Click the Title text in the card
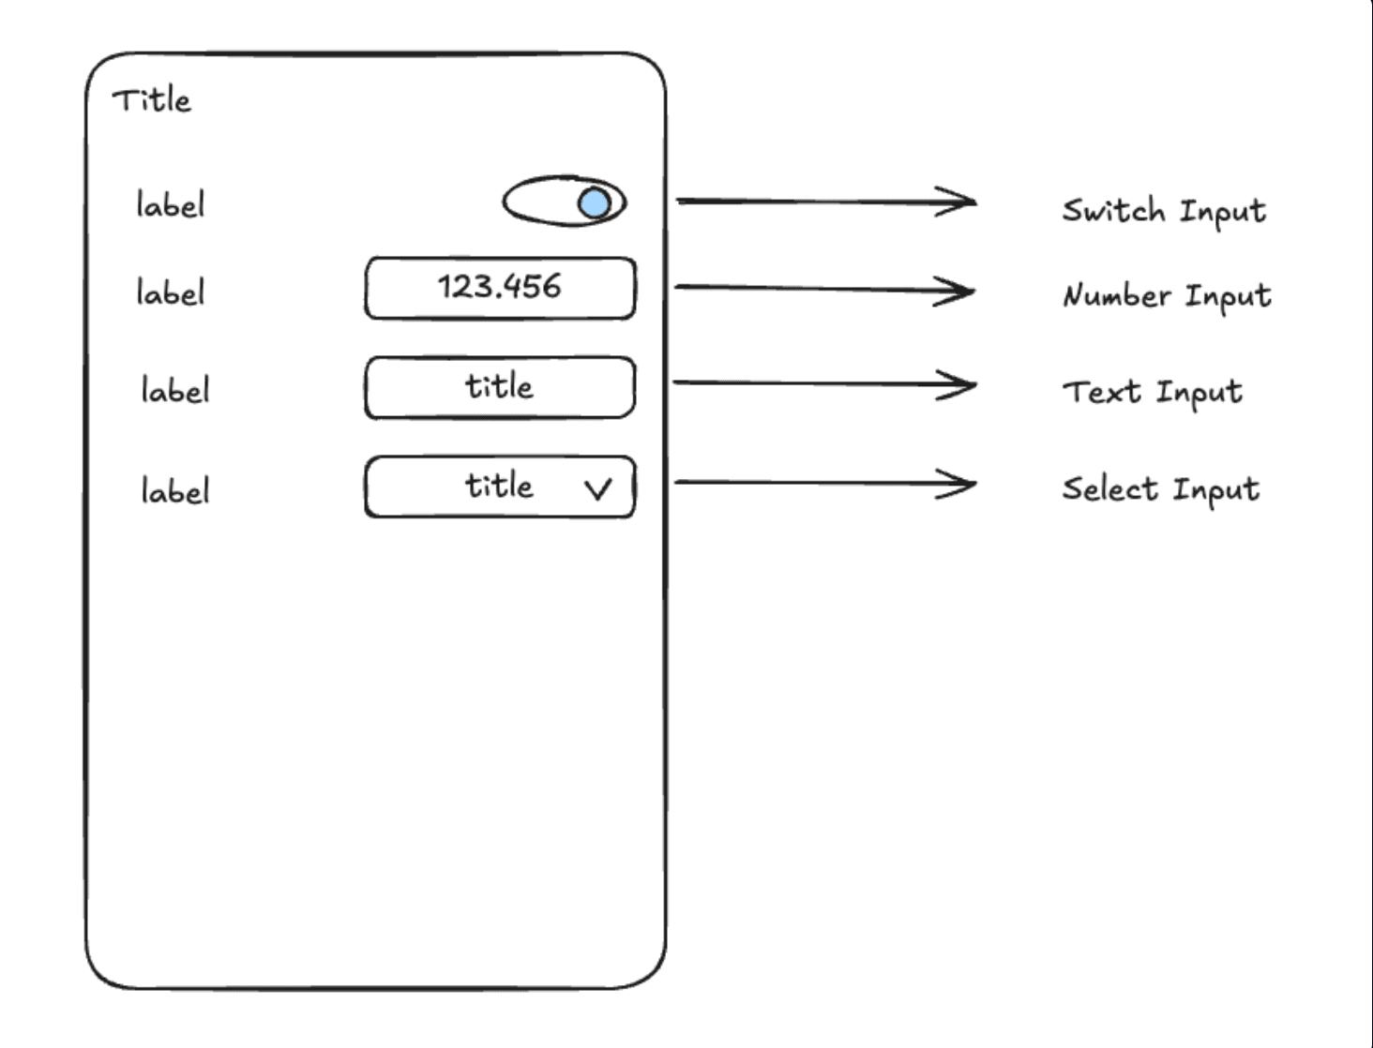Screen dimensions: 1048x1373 (x=151, y=99)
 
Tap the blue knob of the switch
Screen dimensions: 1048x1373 (x=595, y=202)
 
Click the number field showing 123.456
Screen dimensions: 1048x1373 (x=500, y=287)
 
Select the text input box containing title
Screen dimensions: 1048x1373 (x=500, y=386)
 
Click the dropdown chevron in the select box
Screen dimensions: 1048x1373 (x=597, y=488)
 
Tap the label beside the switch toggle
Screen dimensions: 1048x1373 (x=170, y=204)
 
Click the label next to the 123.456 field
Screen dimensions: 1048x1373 (x=170, y=292)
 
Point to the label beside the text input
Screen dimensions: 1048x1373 (x=174, y=390)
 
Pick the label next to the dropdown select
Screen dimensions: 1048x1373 (x=174, y=490)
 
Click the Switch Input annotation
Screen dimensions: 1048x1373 (x=1163, y=211)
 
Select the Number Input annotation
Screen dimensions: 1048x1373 (x=1166, y=296)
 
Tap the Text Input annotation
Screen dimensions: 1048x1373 (x=1152, y=392)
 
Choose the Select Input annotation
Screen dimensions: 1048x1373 (x=1160, y=489)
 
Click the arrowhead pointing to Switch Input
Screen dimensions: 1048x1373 (x=961, y=201)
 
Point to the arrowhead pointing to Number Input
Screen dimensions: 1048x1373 (x=960, y=291)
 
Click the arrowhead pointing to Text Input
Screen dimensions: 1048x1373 (x=961, y=384)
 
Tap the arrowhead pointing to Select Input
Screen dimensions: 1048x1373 (x=961, y=484)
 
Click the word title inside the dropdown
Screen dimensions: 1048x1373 (x=499, y=486)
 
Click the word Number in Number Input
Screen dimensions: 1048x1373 (x=1117, y=296)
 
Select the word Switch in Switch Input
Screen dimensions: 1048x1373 (x=1113, y=210)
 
